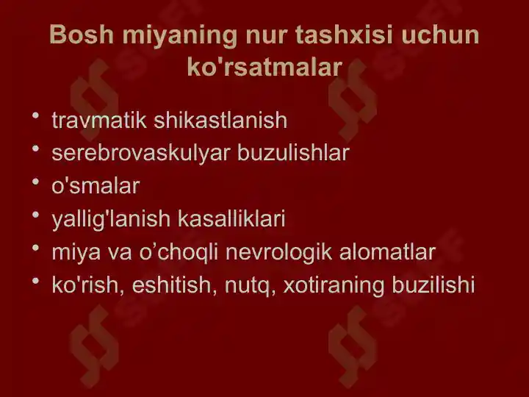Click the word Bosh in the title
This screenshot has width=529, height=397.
[82, 35]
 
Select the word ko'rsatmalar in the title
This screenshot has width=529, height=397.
[264, 67]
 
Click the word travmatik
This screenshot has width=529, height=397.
[99, 120]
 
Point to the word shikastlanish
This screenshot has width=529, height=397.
[220, 120]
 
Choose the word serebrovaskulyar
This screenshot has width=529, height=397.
[141, 153]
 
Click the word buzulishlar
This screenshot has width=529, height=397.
[293, 153]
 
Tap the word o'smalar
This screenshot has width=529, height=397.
[96, 186]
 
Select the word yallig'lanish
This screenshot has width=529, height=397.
[111, 219]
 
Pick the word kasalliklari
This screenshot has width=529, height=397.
[231, 219]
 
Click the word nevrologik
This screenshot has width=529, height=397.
[278, 252]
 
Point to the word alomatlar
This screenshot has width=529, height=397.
[387, 252]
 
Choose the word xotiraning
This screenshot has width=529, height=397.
[334, 285]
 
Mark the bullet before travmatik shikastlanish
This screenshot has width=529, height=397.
[36, 116]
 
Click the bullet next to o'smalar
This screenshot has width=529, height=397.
[36, 182]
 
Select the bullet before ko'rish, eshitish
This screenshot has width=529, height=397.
[36, 281]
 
